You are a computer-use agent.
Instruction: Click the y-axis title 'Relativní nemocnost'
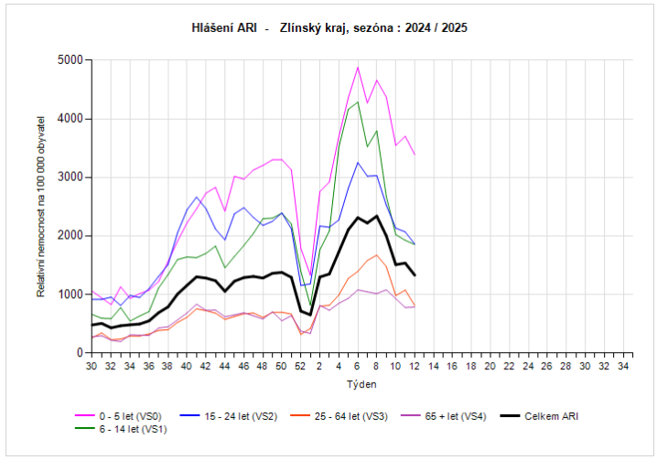tap(41, 206)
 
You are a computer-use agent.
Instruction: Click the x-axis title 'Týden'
tap(358, 383)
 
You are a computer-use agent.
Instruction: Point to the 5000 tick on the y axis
tap(70, 60)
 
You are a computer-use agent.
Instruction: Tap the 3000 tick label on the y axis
tap(70, 177)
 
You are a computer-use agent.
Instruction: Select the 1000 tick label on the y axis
tap(70, 294)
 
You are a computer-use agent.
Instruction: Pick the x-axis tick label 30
tap(91, 366)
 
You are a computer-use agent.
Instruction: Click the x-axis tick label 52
tap(300, 366)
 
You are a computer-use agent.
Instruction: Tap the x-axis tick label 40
tap(186, 366)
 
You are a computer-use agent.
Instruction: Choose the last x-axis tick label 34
tap(624, 366)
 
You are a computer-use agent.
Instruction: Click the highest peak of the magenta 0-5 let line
tap(358, 67)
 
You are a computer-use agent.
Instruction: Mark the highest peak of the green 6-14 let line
tap(358, 102)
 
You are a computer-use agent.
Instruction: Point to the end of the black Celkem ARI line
tap(415, 275)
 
